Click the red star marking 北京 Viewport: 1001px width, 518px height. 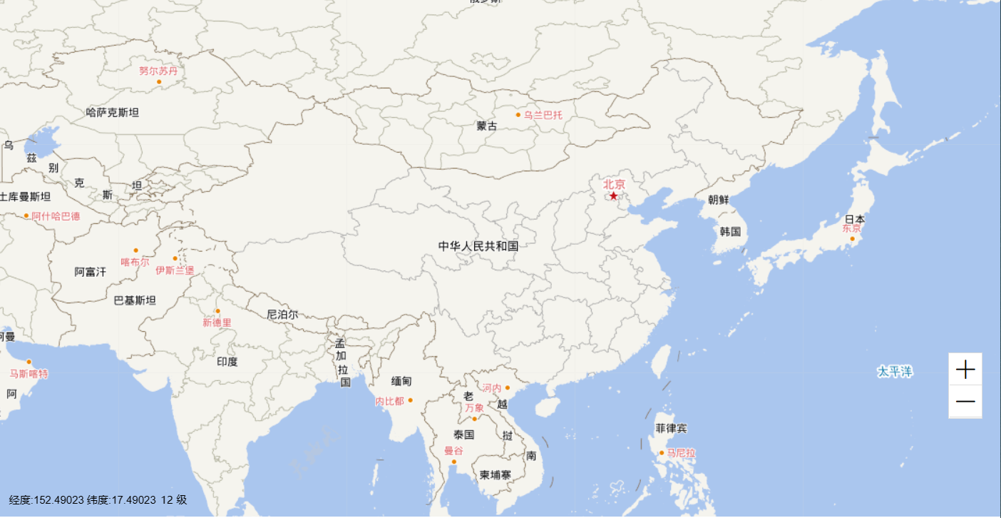(x=613, y=195)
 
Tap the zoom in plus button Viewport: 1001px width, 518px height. (x=965, y=370)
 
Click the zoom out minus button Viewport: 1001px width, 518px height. (x=965, y=402)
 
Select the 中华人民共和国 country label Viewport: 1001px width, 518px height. (x=478, y=246)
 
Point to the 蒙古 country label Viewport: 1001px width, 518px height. (x=487, y=126)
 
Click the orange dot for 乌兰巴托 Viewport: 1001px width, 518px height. (x=518, y=115)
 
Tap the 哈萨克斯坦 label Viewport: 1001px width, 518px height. (x=113, y=112)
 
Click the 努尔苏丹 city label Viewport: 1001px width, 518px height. (x=158, y=71)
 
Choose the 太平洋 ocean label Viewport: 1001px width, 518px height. (x=895, y=372)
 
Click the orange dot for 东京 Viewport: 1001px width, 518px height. (x=852, y=238)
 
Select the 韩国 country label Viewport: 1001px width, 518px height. (x=730, y=232)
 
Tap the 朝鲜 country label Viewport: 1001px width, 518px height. (x=719, y=200)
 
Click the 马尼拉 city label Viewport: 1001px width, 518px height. (x=681, y=453)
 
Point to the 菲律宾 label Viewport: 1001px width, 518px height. (x=672, y=429)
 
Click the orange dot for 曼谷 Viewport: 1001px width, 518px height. (x=453, y=462)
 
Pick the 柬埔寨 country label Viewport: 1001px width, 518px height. (x=495, y=474)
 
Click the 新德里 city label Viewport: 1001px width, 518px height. (x=217, y=323)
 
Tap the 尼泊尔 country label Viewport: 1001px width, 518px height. (x=282, y=314)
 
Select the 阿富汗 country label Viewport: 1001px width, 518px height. (x=91, y=272)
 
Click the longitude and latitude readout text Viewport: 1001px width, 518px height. (x=98, y=500)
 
